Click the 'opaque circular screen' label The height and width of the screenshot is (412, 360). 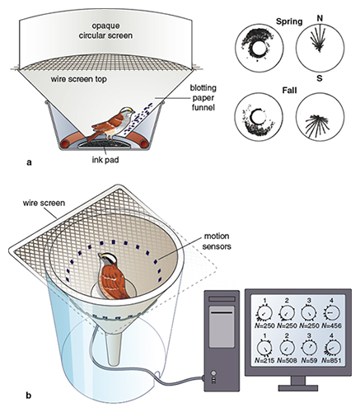(105, 30)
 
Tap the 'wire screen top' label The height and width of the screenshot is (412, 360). (78, 79)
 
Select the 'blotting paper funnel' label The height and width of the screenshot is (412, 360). (203, 98)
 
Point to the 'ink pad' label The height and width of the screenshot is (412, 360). (105, 160)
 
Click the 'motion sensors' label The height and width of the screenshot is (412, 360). (217, 241)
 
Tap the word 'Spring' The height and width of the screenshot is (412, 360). (289, 21)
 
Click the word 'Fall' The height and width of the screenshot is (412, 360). (290, 90)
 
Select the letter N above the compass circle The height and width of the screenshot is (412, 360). (320, 18)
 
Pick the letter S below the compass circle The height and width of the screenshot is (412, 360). (320, 78)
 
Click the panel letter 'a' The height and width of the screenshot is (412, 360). (29, 162)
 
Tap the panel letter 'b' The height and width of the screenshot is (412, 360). (29, 396)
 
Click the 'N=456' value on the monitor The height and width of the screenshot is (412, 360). (332, 325)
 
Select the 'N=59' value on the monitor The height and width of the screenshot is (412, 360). (309, 360)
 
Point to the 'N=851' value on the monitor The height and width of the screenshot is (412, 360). (332, 360)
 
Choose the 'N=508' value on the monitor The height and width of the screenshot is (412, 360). (288, 360)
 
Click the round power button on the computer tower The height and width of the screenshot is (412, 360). (213, 373)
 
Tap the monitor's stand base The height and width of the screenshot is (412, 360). (298, 388)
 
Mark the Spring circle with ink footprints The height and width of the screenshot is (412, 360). (259, 48)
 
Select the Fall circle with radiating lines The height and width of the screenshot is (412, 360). (320, 117)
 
